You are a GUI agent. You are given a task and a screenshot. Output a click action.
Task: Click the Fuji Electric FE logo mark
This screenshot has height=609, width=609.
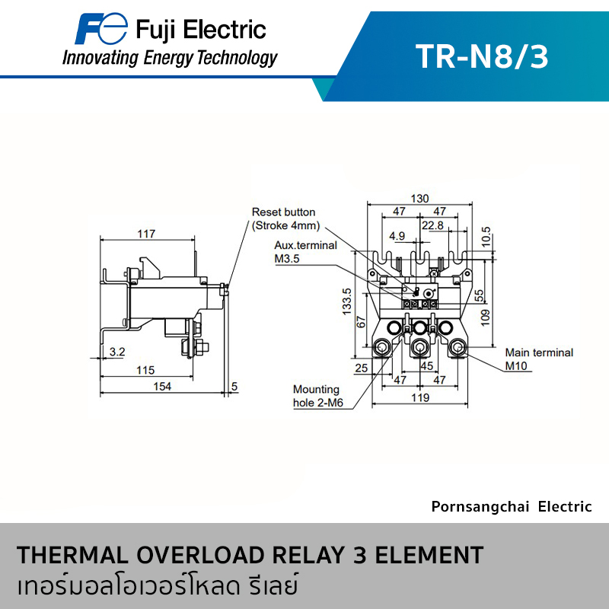click(x=101, y=28)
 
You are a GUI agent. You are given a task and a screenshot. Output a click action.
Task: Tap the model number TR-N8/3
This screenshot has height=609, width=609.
click(x=482, y=56)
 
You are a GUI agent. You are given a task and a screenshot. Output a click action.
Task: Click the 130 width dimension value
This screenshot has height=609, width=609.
click(x=420, y=199)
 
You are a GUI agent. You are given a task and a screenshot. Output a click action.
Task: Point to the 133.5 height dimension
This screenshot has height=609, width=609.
click(x=347, y=301)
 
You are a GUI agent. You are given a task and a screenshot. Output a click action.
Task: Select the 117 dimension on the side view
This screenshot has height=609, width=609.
click(x=146, y=234)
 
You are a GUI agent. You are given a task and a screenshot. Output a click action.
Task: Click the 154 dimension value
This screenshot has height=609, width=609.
click(x=162, y=387)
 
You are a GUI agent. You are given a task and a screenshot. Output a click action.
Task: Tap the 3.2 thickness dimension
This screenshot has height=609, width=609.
click(x=117, y=352)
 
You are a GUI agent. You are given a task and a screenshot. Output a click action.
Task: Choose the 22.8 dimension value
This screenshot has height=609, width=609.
click(x=432, y=225)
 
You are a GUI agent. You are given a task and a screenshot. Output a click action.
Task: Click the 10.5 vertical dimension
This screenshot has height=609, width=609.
click(x=486, y=237)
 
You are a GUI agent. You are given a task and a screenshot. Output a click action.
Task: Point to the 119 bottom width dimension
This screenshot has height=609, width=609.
click(x=420, y=397)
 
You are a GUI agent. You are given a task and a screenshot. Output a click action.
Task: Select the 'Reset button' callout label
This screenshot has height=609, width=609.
click(x=283, y=212)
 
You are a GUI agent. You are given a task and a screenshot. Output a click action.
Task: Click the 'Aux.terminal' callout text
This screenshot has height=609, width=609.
click(x=306, y=245)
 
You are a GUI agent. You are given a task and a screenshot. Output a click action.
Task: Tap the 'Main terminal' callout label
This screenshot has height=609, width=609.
click(x=539, y=352)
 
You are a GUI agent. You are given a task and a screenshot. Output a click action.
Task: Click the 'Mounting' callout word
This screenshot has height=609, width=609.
click(x=316, y=390)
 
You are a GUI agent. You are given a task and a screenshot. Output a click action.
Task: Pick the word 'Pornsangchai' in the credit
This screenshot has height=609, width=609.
click(x=480, y=507)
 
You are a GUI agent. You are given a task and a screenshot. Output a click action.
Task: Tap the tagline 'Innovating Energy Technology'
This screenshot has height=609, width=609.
click(x=170, y=59)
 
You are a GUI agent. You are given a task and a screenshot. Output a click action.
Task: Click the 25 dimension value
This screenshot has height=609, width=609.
click(x=361, y=368)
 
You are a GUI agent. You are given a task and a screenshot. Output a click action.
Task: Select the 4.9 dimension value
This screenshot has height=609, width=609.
click(x=397, y=236)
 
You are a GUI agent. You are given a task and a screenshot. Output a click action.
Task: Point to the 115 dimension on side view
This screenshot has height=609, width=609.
click(x=145, y=370)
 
